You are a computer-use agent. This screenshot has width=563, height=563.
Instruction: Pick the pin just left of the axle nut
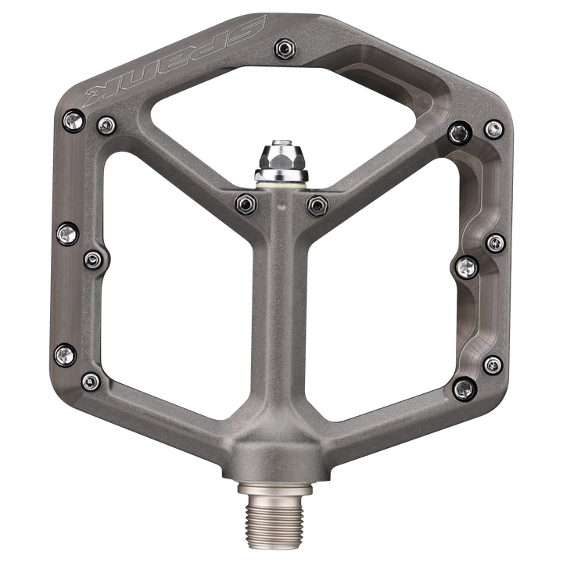coord(245,203)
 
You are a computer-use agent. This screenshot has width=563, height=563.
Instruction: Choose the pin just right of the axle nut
coord(317,205)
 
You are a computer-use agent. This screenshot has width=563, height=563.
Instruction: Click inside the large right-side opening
coord(383,297)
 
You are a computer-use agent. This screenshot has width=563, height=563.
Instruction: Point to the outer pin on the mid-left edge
coord(66,231)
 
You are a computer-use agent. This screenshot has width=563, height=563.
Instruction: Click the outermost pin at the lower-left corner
coord(62,357)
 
